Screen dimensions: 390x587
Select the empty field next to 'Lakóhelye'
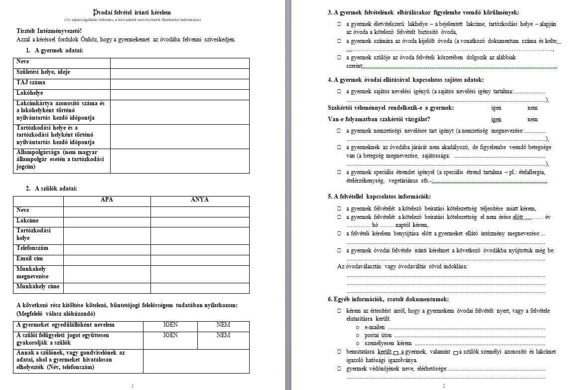[x=179, y=93]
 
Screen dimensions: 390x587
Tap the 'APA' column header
[x=107, y=199]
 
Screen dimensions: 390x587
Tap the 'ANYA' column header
[x=199, y=199]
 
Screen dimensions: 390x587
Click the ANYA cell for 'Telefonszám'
[x=199, y=248]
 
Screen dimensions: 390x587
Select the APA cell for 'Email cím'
[x=107, y=259]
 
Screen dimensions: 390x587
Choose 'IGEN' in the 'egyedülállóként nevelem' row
[x=170, y=325]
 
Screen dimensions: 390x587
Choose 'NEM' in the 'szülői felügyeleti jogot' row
[x=223, y=335]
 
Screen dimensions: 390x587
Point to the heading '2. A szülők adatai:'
[x=51, y=188]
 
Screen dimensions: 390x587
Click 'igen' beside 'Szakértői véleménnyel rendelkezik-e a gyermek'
[x=496, y=108]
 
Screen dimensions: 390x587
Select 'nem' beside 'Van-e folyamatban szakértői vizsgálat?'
[x=532, y=119]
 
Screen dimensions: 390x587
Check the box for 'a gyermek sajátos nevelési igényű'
[x=339, y=92]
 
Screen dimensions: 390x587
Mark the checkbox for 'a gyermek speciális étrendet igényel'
[x=339, y=172]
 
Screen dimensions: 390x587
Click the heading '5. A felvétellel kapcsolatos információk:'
[x=379, y=196]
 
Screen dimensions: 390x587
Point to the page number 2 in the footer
[x=443, y=386]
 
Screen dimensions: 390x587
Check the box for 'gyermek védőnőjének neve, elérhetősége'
[x=339, y=369]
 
